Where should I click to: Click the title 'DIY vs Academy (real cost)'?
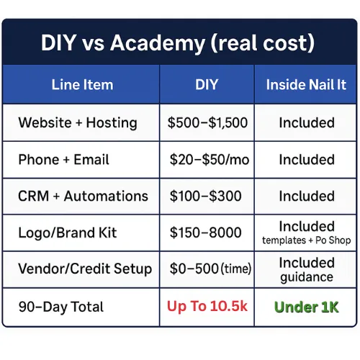(178, 43)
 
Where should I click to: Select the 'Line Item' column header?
(82, 85)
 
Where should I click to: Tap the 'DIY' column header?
(207, 84)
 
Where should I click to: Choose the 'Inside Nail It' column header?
(306, 85)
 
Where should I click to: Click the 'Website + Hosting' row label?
(78, 123)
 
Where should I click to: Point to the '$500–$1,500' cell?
(207, 122)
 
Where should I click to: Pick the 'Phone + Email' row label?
(63, 160)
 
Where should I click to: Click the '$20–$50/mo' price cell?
(210, 160)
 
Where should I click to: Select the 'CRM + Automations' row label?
(83, 196)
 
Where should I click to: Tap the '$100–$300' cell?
(205, 196)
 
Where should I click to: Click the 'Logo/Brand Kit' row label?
(68, 233)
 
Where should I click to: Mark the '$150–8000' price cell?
(205, 233)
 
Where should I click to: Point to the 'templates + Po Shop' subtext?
(307, 240)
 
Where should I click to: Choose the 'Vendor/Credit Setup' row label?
(85, 269)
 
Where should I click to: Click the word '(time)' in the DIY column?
(236, 269)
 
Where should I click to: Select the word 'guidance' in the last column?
(307, 278)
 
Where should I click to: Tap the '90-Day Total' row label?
(61, 307)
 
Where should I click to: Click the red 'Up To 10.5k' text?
(207, 307)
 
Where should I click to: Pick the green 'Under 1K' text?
(306, 307)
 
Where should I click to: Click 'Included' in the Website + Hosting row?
(307, 123)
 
